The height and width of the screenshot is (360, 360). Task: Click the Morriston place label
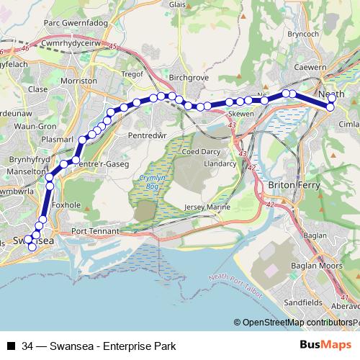[80, 81]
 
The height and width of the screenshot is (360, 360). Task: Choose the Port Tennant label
[96, 231]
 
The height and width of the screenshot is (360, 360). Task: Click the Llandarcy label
[220, 163]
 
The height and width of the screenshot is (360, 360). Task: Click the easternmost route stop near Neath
[330, 107]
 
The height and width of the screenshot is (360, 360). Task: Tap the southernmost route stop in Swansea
[32, 247]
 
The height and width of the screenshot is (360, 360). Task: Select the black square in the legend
[12, 346]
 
